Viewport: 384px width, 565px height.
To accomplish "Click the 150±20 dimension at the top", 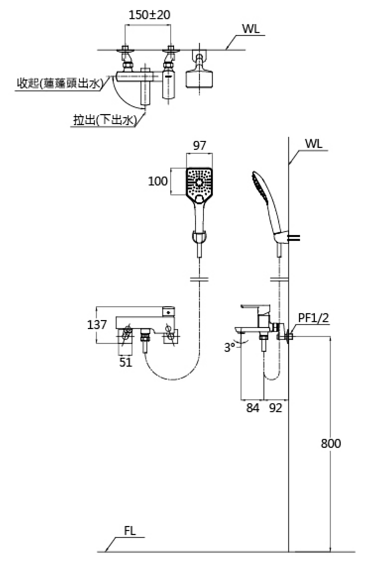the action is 149,15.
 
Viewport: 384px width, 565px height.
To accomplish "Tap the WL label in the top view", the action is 251,29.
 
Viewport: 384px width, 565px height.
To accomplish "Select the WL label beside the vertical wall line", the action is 314,144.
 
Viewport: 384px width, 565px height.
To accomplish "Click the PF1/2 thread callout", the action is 314,318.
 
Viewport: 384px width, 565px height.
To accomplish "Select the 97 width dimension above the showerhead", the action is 199,145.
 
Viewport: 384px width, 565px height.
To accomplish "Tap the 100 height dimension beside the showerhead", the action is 157,181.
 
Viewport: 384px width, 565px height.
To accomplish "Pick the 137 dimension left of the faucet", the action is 97,325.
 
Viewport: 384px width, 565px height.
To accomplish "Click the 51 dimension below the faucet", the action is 126,362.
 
